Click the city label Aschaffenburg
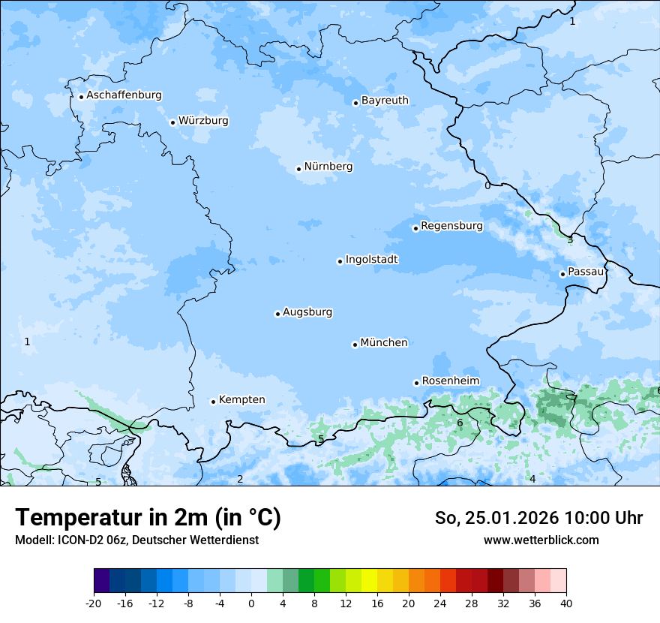(x=124, y=95)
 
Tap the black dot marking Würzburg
(x=172, y=122)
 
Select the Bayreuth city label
(x=385, y=101)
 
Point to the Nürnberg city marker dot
(x=298, y=169)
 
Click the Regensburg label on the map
(x=451, y=226)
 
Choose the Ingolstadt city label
(x=371, y=260)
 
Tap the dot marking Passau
(x=562, y=274)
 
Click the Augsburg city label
(x=307, y=312)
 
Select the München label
(x=384, y=343)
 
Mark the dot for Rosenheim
(x=416, y=383)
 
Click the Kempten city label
(x=241, y=400)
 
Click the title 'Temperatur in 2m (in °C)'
(x=148, y=518)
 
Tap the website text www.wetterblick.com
(x=541, y=540)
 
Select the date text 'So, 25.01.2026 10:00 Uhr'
(x=538, y=518)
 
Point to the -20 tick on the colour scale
(x=94, y=603)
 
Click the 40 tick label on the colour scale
(x=566, y=603)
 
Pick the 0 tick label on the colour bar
(x=251, y=603)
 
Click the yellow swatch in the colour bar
(x=369, y=581)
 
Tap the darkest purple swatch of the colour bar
(x=102, y=581)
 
